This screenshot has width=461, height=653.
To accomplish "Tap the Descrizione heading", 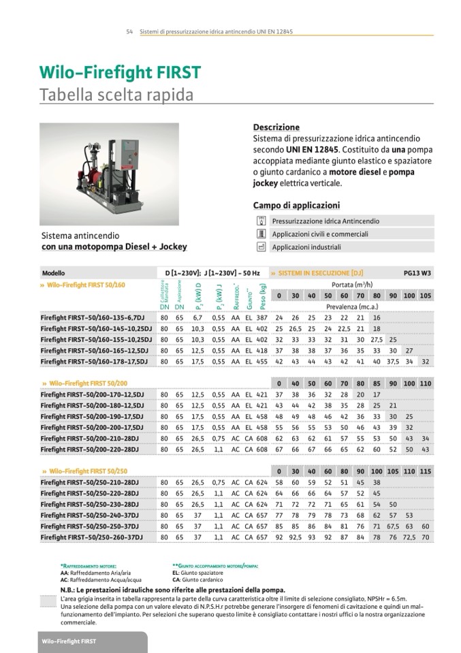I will click(x=276, y=127).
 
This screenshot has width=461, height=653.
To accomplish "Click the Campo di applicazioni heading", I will click(x=296, y=206).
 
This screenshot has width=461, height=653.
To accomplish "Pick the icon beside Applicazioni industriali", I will click(x=260, y=246).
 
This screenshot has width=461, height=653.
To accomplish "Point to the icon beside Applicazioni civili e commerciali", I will click(x=260, y=234).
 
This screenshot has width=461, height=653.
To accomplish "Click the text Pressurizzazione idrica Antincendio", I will click(x=325, y=221).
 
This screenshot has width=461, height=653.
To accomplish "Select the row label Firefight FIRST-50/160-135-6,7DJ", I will click(x=92, y=317).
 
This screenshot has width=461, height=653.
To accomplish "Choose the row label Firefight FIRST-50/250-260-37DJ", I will click(x=91, y=537).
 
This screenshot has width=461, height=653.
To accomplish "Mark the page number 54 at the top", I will click(x=129, y=32).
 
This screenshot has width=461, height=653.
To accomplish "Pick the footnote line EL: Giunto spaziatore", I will click(x=200, y=573).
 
